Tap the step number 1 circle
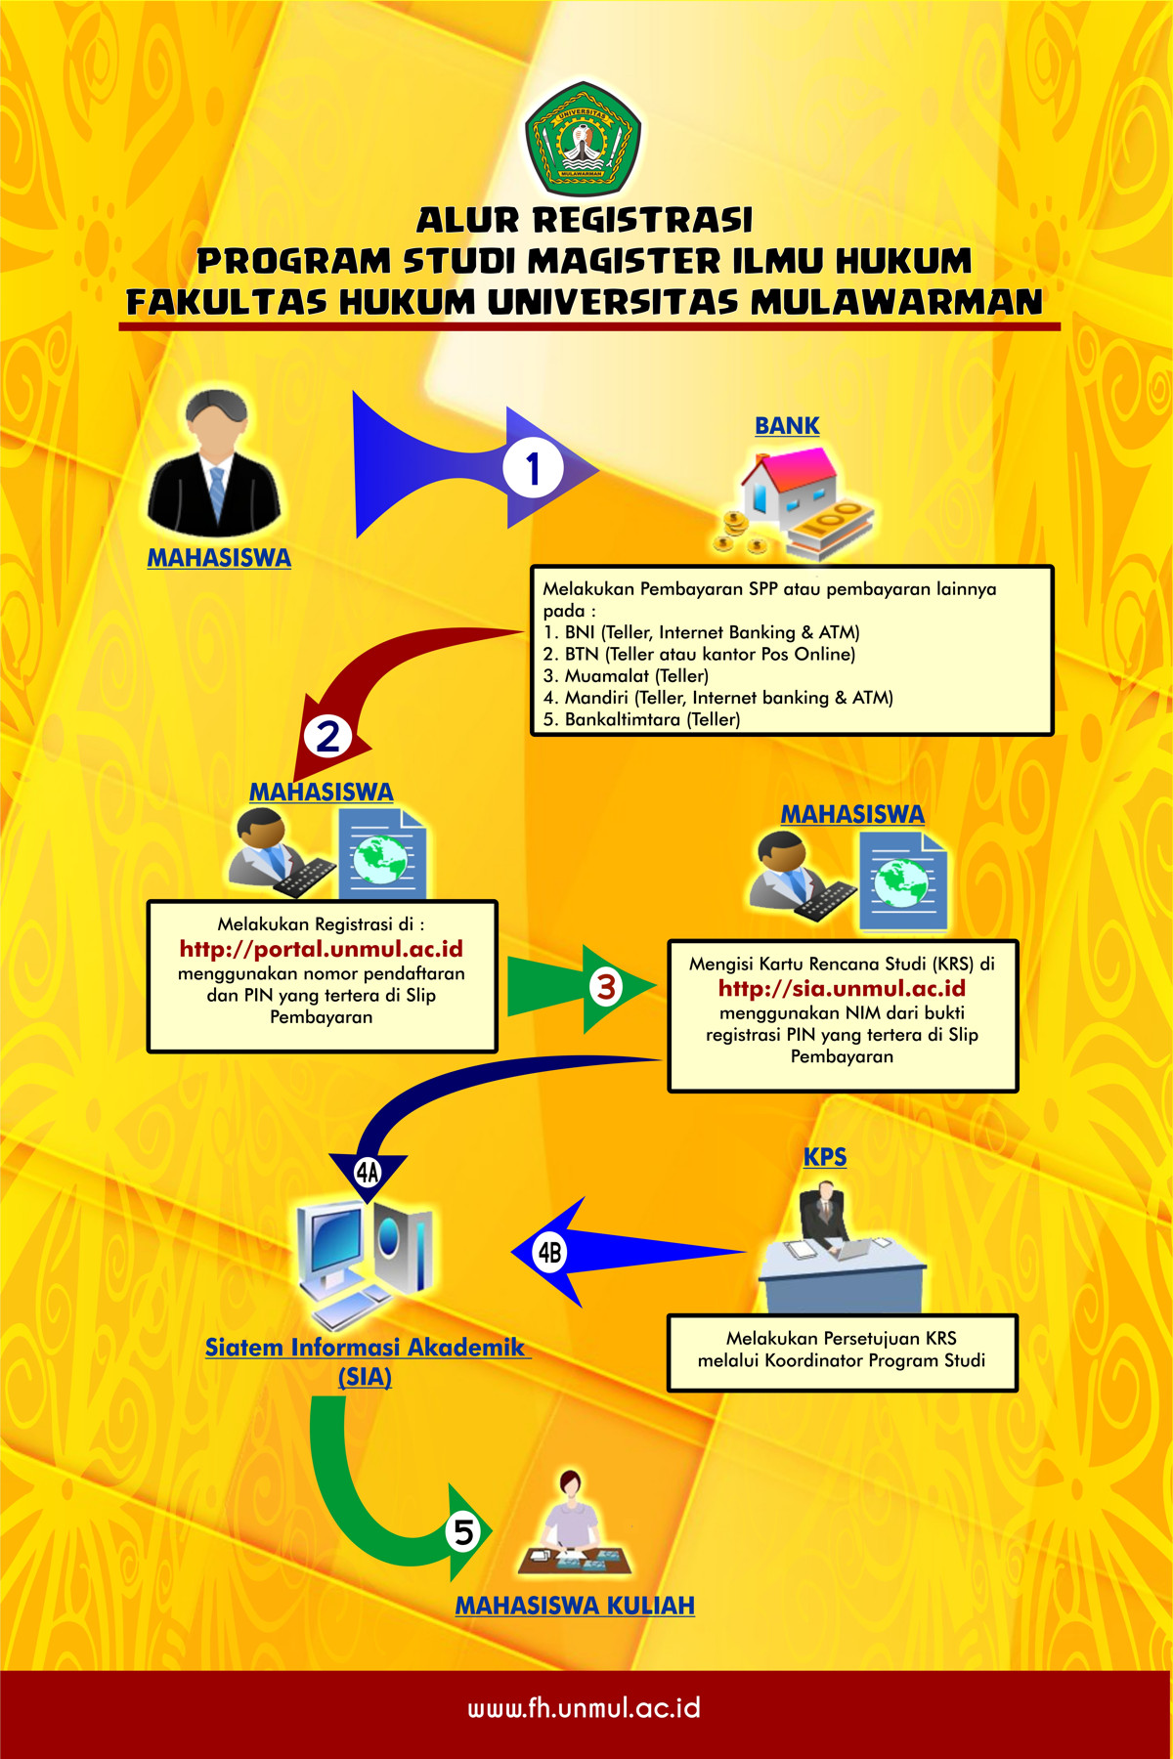point(533,469)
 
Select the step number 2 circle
point(327,736)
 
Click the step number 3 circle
point(606,986)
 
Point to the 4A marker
point(368,1172)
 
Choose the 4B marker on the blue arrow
point(550,1252)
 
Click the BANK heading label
point(787,426)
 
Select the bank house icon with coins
point(797,503)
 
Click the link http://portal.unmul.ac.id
point(321,949)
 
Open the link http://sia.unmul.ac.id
point(842,989)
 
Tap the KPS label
point(825,1157)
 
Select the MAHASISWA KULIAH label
point(575,1606)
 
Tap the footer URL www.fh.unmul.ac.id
point(585,1708)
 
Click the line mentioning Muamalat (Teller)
point(627,676)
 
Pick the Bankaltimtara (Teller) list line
point(642,719)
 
